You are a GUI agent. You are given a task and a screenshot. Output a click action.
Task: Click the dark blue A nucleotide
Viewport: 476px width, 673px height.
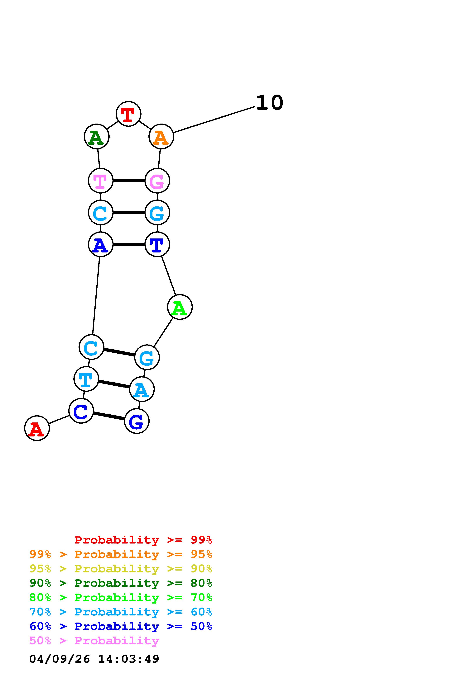(101, 244)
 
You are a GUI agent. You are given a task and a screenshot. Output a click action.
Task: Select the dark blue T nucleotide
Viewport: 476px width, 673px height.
(157, 244)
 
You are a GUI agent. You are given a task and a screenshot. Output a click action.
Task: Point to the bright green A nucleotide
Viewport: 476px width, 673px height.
(180, 307)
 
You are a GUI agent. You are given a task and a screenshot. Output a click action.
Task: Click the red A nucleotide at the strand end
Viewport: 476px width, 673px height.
(37, 428)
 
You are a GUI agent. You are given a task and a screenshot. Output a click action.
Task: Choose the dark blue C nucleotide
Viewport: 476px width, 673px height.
(81, 411)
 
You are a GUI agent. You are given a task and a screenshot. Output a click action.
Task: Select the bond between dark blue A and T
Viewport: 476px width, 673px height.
(129, 244)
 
